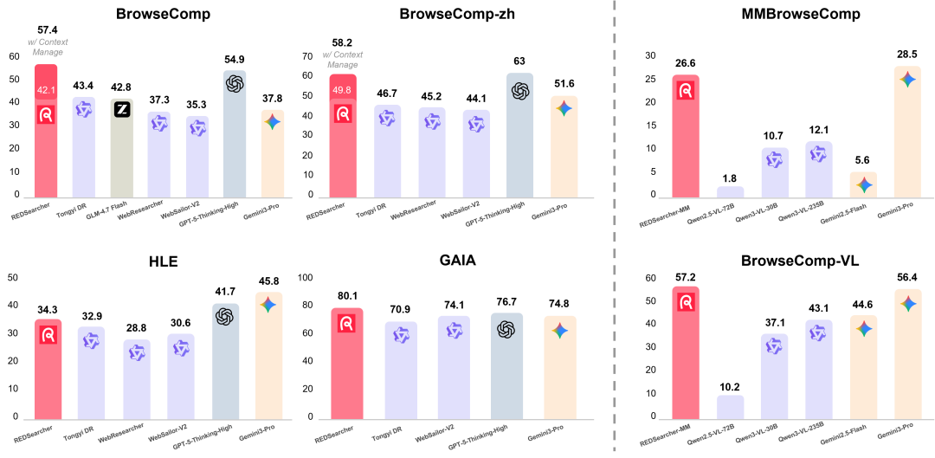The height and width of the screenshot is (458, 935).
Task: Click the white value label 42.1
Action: point(46,90)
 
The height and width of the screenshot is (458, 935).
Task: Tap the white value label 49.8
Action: point(342,90)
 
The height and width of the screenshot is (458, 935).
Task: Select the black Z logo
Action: point(122,110)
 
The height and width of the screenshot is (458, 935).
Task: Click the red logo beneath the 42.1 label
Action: point(46,114)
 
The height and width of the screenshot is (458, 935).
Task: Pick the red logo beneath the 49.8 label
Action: point(343,113)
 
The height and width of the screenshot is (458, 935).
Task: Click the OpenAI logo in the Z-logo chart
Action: point(235,84)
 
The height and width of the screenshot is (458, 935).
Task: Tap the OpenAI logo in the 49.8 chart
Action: point(520,90)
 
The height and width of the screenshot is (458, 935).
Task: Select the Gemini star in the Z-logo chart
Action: point(273,122)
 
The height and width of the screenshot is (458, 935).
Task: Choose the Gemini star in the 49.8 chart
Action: point(564,108)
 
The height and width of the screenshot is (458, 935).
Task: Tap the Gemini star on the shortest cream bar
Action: point(862,184)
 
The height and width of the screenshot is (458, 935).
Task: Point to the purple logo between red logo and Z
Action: point(84,109)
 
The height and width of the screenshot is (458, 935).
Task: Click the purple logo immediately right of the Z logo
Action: point(159,123)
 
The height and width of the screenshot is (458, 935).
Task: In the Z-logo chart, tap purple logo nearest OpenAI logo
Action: point(198,127)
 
